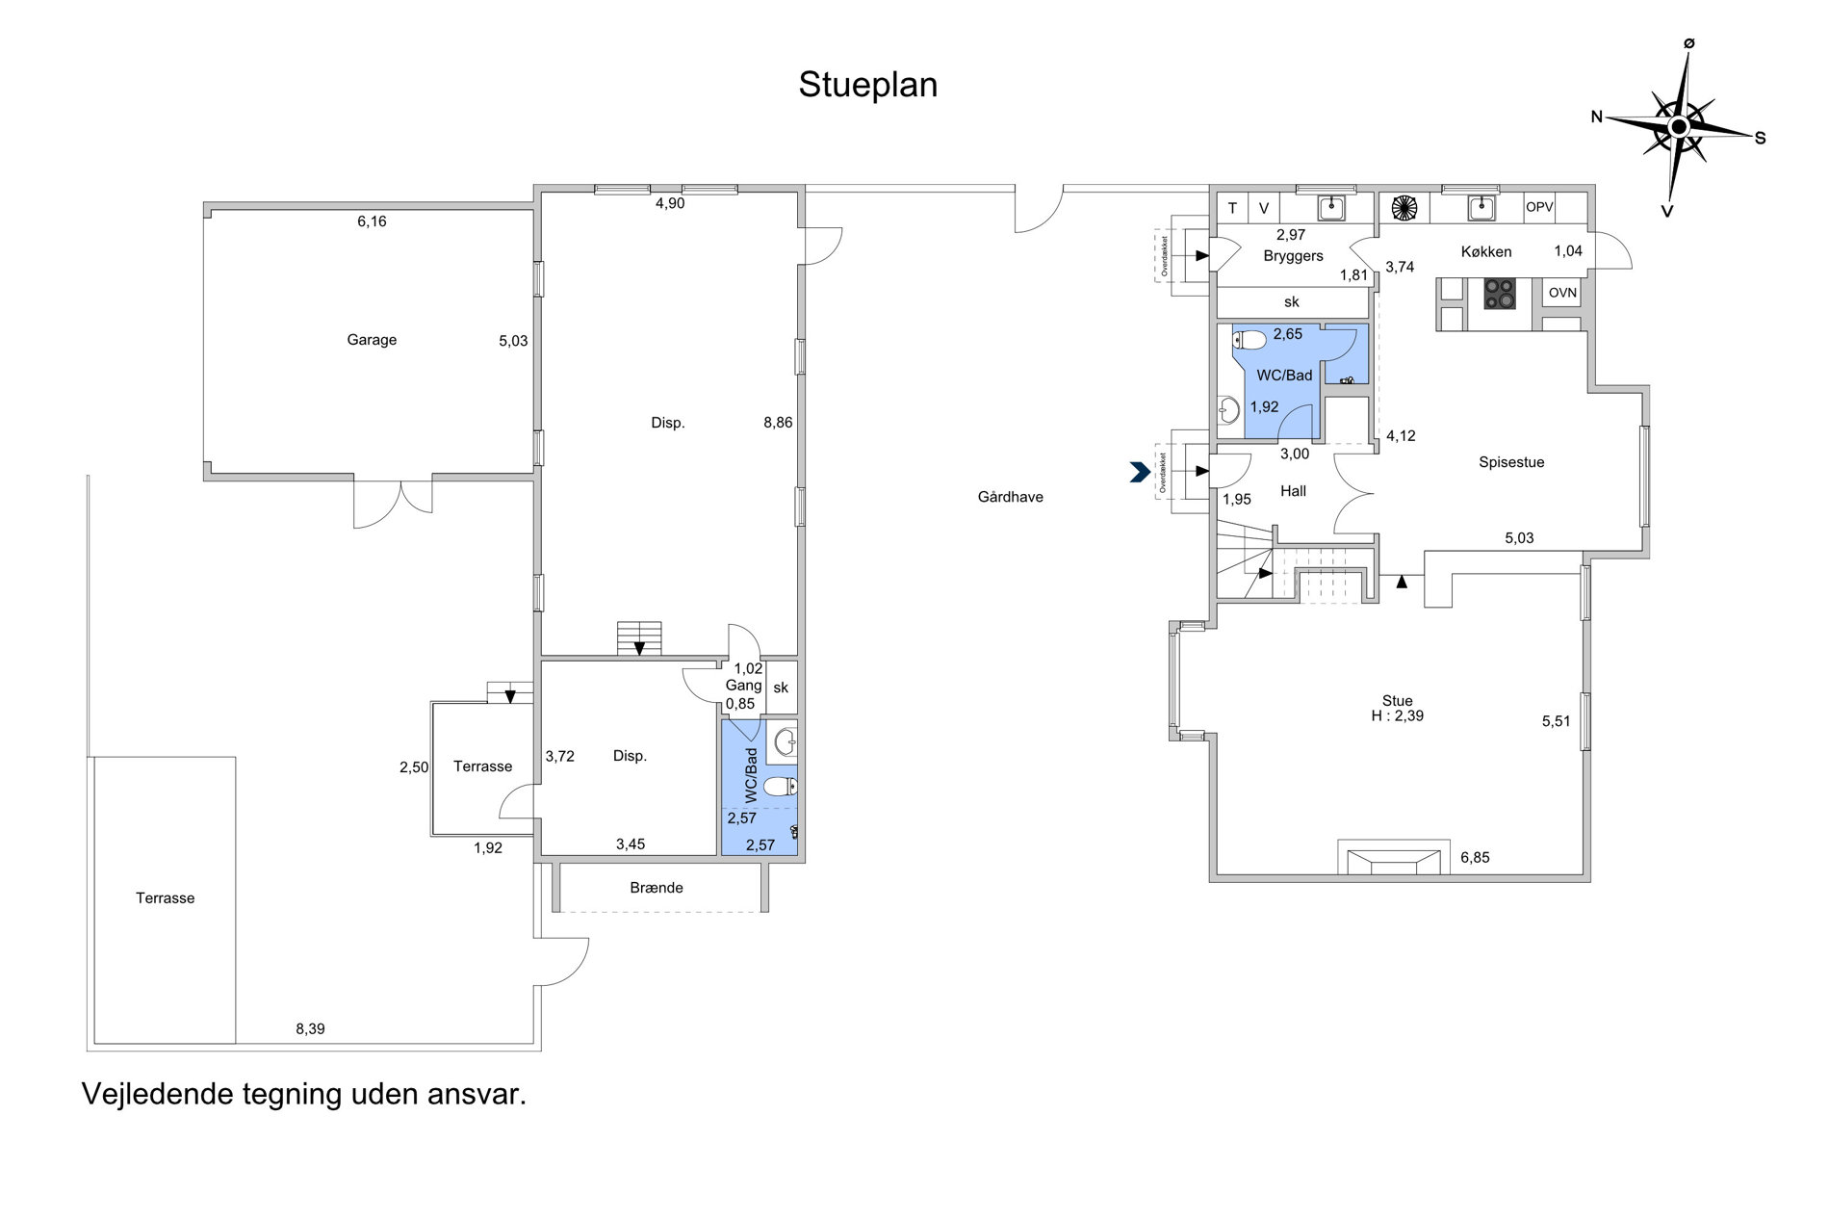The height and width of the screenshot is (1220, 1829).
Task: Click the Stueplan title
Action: click(867, 86)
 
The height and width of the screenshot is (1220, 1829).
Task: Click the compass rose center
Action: click(1679, 127)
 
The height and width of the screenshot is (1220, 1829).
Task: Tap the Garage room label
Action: click(372, 340)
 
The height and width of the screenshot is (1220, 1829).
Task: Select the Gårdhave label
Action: click(1010, 497)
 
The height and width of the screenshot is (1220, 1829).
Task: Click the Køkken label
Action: click(1486, 252)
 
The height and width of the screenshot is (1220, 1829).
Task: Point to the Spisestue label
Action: click(1511, 462)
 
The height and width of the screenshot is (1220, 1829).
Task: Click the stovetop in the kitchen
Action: click(1499, 294)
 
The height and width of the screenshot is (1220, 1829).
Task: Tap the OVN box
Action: click(1562, 293)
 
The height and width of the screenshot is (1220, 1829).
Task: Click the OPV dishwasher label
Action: click(1539, 207)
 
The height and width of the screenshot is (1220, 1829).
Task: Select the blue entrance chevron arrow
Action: click(1141, 472)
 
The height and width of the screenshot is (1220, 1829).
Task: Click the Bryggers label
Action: click(1293, 256)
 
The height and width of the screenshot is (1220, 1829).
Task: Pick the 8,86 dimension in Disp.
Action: click(778, 422)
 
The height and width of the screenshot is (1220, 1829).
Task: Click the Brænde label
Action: click(657, 888)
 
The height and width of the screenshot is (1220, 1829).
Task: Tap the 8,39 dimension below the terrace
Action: click(310, 1029)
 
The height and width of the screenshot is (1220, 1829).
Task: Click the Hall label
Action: click(1293, 491)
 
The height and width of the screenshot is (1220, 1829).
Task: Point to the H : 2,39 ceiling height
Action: click(1397, 716)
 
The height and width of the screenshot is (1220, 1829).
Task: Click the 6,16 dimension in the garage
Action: click(372, 221)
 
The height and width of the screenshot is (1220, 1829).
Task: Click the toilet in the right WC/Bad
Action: click(1249, 340)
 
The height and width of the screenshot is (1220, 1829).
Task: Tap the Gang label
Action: click(743, 686)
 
